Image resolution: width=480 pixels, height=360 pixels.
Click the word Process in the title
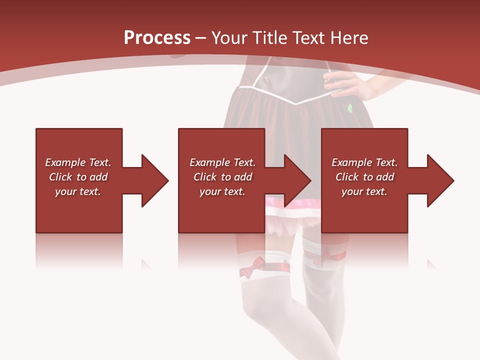(x=157, y=38)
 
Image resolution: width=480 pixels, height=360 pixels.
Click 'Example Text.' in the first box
(x=78, y=162)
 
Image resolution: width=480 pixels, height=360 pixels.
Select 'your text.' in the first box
(x=78, y=191)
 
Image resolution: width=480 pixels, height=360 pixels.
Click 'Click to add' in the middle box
(x=222, y=177)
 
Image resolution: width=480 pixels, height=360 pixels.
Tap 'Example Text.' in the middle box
(x=222, y=162)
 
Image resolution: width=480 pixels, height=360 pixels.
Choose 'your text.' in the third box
(x=364, y=191)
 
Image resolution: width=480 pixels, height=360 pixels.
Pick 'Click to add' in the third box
(x=364, y=177)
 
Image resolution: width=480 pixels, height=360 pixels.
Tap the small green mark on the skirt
(x=350, y=107)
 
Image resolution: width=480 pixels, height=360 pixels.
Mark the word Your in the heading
(x=229, y=38)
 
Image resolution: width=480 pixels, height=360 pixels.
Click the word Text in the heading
(x=306, y=38)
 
